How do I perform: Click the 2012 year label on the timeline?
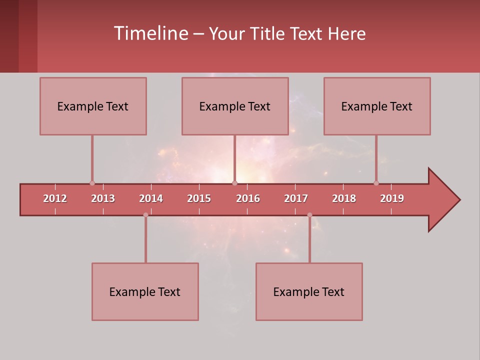tap(55, 198)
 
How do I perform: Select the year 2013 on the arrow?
tap(103, 198)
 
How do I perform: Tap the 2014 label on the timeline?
tap(151, 198)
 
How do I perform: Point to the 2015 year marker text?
tap(199, 198)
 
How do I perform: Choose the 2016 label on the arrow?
tap(248, 198)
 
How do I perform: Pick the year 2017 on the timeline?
tap(296, 198)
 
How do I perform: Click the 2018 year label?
tap(344, 198)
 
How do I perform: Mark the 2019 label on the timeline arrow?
tap(392, 198)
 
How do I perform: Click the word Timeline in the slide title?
tap(150, 33)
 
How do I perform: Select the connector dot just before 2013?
tap(92, 183)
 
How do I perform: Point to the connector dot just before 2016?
tap(234, 183)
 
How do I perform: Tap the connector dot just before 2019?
tap(376, 183)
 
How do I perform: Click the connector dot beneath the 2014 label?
tap(145, 215)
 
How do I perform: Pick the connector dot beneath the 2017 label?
tap(309, 215)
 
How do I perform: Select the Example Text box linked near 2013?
tap(93, 106)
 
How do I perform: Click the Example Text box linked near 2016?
tap(235, 106)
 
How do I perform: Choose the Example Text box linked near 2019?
tap(377, 106)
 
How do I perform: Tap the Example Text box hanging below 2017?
tap(309, 291)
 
